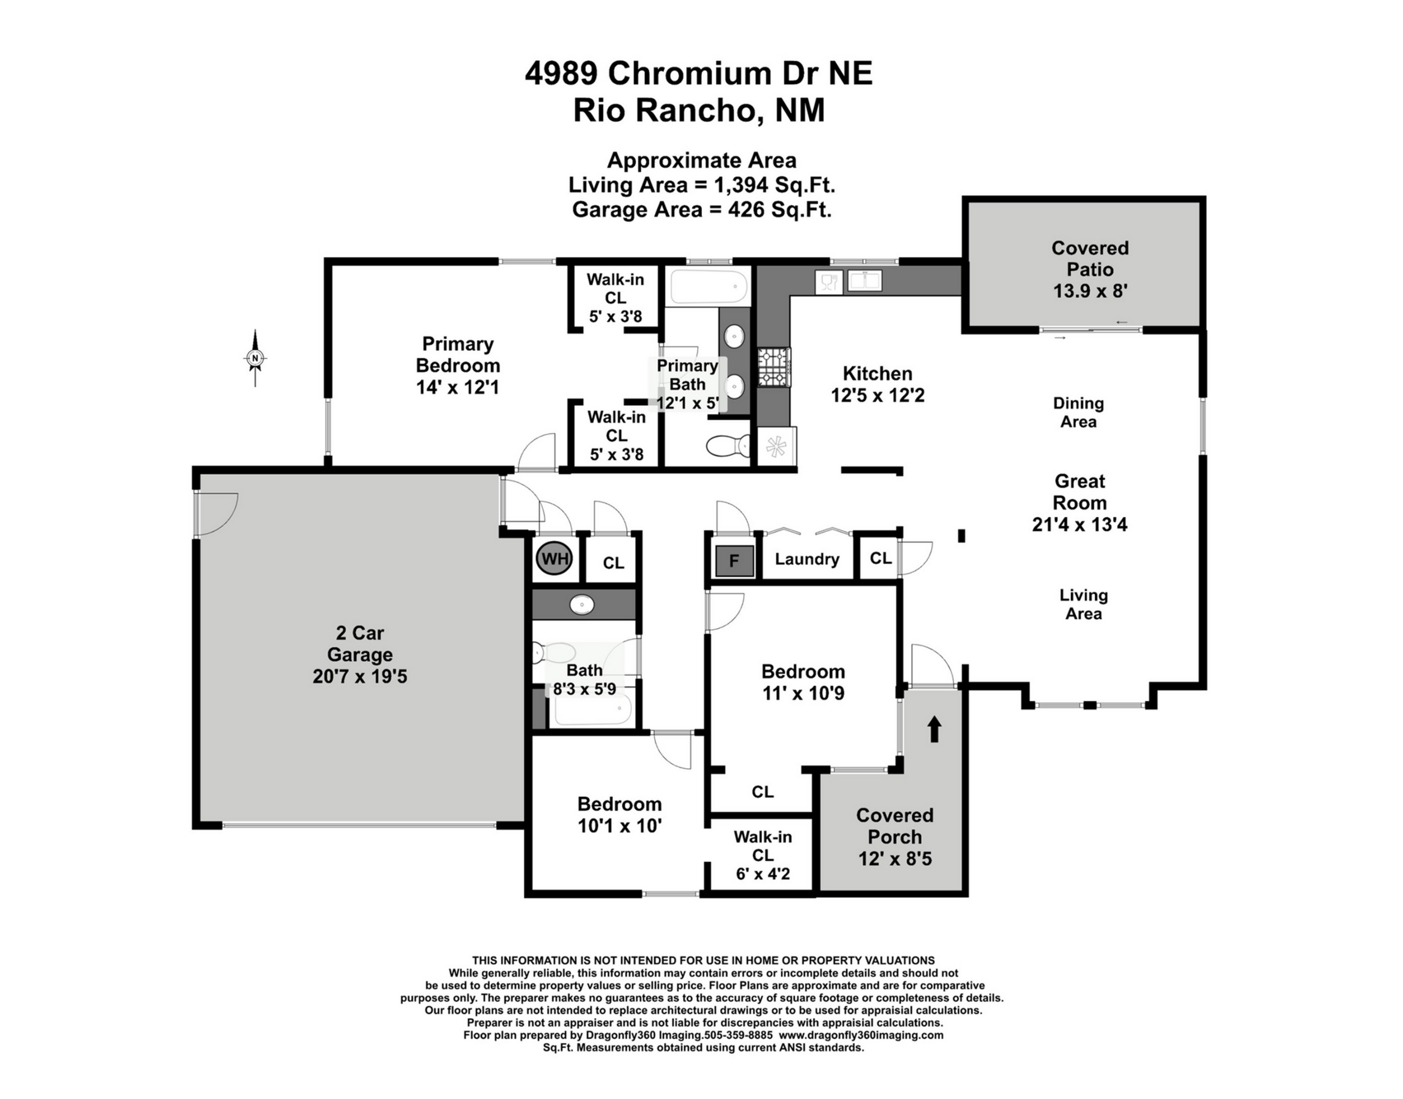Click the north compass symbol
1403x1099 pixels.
point(255,358)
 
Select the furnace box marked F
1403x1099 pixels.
point(734,561)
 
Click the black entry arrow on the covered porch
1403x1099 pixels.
point(934,730)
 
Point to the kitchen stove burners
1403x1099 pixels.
point(774,367)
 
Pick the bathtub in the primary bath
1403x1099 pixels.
point(709,287)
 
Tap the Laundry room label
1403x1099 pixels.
point(807,559)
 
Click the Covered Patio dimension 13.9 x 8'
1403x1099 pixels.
point(1090,291)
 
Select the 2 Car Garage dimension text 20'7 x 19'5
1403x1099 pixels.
point(360,676)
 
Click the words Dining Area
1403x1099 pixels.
point(1078,412)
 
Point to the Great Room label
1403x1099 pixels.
point(1080,492)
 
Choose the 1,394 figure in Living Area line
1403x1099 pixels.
point(741,185)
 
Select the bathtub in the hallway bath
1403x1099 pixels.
point(593,708)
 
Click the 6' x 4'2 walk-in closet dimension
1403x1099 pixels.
point(763,874)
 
